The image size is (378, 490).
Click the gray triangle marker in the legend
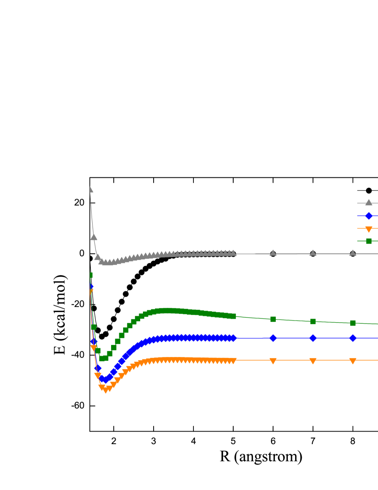tap(368, 202)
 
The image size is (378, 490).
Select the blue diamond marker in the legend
tap(368, 216)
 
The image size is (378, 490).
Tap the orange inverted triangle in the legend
tap(368, 229)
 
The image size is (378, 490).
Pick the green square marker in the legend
tap(368, 241)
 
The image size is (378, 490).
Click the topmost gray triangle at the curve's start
tap(90, 189)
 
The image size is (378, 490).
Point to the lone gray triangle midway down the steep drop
tap(93, 237)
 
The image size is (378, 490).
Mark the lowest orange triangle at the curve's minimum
tap(105, 390)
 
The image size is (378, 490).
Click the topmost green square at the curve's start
tap(90, 275)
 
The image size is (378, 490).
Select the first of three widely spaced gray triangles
tap(273, 253)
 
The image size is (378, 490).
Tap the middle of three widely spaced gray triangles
tap(313, 253)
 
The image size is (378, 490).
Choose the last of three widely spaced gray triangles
tap(353, 253)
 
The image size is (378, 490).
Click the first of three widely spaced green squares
tap(273, 319)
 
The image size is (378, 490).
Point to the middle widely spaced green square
tap(313, 321)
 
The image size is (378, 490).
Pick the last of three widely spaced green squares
tap(353, 323)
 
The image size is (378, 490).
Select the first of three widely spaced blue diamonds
tap(273, 338)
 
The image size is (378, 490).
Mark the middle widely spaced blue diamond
tap(313, 338)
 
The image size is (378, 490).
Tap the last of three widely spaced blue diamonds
tap(353, 338)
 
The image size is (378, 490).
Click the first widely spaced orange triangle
tap(273, 361)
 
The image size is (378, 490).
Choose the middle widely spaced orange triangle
tap(313, 361)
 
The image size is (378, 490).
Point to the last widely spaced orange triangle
tap(353, 361)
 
